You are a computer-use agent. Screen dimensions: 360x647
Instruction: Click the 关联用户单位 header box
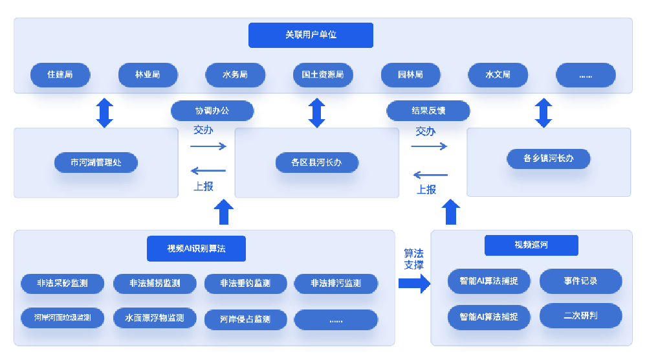(311, 35)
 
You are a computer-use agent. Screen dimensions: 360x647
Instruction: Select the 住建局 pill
(60, 75)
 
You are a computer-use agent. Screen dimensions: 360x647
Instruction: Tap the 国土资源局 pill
(322, 75)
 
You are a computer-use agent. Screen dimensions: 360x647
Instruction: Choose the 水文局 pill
(498, 75)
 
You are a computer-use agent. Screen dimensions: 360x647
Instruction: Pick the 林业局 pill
(148, 75)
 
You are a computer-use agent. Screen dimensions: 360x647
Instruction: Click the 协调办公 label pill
(212, 111)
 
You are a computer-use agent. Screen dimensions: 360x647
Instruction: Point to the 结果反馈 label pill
(428, 111)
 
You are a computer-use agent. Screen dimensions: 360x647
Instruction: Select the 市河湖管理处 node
(96, 162)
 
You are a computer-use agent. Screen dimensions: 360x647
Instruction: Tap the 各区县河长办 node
(316, 163)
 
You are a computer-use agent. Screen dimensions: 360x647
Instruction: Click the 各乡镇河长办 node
(549, 158)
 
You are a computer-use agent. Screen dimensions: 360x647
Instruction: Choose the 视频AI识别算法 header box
(197, 248)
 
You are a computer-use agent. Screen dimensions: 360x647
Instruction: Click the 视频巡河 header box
(531, 245)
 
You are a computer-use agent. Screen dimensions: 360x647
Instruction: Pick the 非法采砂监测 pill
(62, 284)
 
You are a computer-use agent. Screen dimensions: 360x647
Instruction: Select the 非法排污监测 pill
(336, 284)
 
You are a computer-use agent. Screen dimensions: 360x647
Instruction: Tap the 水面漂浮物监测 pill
(154, 318)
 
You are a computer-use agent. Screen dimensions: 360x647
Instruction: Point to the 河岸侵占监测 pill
(245, 319)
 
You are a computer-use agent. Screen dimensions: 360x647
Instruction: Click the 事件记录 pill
(580, 281)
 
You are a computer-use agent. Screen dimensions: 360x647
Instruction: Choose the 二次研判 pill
(580, 316)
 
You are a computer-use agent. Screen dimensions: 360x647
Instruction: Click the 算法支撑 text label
(414, 259)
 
